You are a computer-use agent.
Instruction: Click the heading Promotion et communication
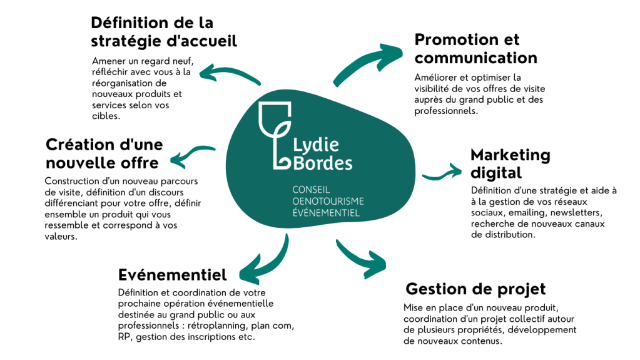point(475,49)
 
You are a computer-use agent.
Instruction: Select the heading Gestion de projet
point(475,289)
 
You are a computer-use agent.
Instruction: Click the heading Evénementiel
point(172,275)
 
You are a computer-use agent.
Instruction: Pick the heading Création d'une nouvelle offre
point(104,153)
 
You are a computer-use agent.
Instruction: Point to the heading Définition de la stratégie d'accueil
point(164,32)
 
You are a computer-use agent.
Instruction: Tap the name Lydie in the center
point(317,145)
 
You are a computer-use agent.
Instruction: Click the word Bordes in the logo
point(323,163)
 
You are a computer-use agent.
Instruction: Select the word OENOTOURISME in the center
point(328,201)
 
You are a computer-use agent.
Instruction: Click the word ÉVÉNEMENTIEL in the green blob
point(326,213)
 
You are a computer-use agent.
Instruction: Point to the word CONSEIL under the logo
point(311,189)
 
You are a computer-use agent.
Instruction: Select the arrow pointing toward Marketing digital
point(444,172)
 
